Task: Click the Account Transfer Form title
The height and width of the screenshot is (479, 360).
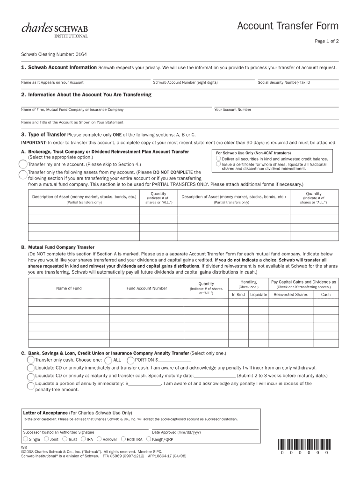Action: tap(288, 26)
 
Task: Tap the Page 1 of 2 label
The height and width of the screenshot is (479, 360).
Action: tap(326, 41)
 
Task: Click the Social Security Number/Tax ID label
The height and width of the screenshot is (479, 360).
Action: tap(284, 82)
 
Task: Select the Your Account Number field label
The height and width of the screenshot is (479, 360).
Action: tap(233, 109)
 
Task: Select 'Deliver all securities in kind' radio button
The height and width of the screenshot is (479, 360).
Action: tap(218, 159)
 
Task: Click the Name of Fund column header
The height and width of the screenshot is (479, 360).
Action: tap(69, 288)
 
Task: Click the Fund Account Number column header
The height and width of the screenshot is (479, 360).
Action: tap(147, 288)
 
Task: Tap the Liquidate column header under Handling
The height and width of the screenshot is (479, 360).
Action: tap(259, 295)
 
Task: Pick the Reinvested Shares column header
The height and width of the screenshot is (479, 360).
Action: tap(291, 295)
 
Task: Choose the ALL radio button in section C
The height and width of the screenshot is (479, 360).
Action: tap(108, 360)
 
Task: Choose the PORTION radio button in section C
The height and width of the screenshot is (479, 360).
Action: tap(130, 360)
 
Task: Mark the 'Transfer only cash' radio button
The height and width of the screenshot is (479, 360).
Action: tap(31, 360)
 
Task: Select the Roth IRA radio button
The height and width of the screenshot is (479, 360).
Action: tap(123, 439)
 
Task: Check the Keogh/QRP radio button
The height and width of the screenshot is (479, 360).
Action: tap(148, 439)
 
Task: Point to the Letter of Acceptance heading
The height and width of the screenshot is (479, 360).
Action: tap(45, 413)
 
